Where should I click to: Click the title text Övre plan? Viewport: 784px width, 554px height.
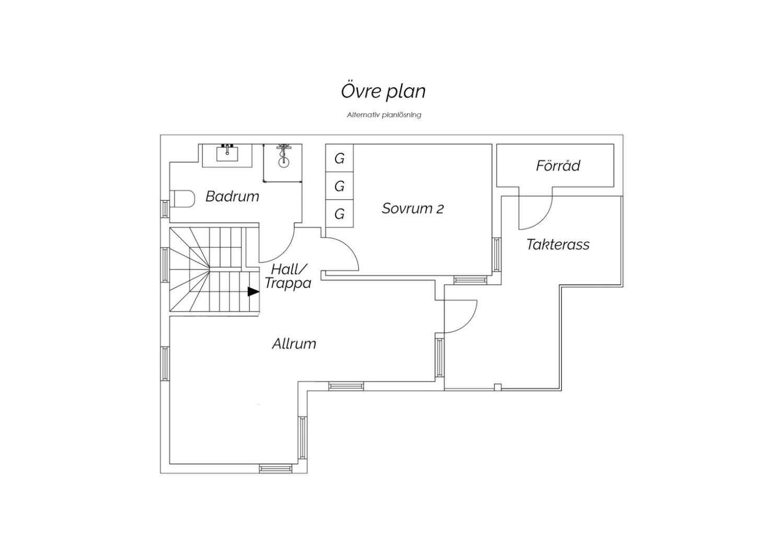coord(383,91)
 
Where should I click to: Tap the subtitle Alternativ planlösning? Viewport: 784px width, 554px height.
coord(384,115)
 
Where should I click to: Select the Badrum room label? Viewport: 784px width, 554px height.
coord(232,197)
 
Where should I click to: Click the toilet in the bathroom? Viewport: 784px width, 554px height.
coord(182,199)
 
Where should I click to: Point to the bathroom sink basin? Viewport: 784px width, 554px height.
coord(227,154)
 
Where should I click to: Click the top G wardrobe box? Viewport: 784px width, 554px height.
coord(339,158)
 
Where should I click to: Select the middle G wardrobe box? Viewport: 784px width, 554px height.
coord(339,186)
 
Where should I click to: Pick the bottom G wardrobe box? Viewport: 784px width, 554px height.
coord(339,213)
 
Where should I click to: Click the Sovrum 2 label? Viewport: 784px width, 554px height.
coord(413,209)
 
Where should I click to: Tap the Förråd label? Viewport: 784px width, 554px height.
coord(558,166)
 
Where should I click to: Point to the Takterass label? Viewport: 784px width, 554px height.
coord(558,244)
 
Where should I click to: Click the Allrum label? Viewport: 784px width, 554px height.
coord(294,344)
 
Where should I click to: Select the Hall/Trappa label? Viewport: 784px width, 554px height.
coord(287,276)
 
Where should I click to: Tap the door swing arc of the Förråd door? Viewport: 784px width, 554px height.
coord(543,221)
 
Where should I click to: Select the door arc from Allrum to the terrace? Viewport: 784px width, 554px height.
coord(468,324)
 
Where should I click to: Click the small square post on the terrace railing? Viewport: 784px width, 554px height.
coord(498,387)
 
